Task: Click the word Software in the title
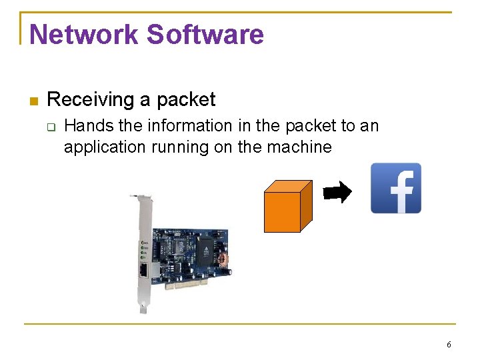pyautogui.click(x=205, y=35)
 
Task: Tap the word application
pyautogui.click(x=103, y=147)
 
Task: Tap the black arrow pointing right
pyautogui.click(x=337, y=193)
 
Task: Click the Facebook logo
pyautogui.click(x=396, y=188)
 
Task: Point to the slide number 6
pyautogui.click(x=449, y=345)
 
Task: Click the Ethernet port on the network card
pyautogui.click(x=144, y=270)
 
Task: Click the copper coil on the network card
pyautogui.click(x=225, y=259)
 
